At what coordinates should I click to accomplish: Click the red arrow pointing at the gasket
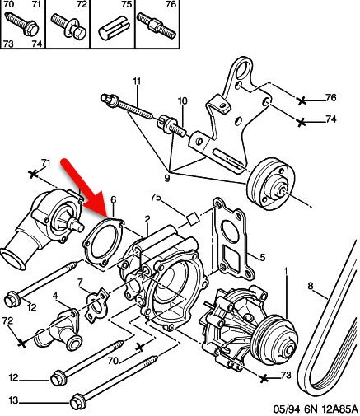coord(82,187)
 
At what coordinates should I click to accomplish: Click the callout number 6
coord(114,199)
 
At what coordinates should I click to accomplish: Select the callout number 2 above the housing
coord(147,219)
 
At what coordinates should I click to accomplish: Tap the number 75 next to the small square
coord(156,198)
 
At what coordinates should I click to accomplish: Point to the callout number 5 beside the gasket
coord(262,258)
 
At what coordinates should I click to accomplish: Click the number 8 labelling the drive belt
coord(311,286)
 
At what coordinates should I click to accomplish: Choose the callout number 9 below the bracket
coord(167,178)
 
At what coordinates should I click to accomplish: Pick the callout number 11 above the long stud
coord(137,82)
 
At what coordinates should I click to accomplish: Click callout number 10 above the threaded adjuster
coord(182,101)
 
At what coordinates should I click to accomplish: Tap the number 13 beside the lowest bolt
coord(13,400)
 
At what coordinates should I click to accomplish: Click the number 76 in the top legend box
coord(171,4)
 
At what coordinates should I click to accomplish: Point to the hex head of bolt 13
coord(78,403)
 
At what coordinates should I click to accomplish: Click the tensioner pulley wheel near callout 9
coord(271,184)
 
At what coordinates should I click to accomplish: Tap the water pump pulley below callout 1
coord(274,339)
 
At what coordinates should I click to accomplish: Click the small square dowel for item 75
coord(192,219)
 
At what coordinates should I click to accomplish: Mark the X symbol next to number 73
coord(264,379)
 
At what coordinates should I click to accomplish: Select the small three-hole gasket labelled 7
coord(96,305)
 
